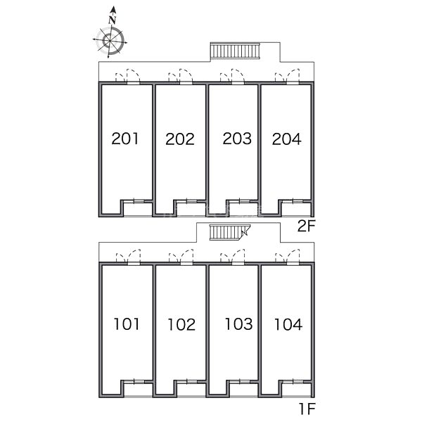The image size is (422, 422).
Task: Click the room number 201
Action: tap(125, 139)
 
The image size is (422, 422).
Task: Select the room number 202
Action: tap(180, 139)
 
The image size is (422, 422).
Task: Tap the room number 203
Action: tap(237, 139)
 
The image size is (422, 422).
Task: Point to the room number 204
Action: tap(287, 139)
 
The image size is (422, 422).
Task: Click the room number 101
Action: tap(127, 324)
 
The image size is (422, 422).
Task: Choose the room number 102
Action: tap(181, 324)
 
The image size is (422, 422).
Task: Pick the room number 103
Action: tap(238, 324)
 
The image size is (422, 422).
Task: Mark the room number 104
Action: tap(288, 324)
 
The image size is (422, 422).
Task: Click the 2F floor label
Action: tap(306, 226)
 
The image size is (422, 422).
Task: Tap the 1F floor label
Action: tap(307, 409)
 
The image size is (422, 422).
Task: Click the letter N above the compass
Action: tap(113, 20)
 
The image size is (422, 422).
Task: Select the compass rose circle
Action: tap(110, 41)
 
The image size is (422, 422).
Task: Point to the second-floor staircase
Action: tap(235, 51)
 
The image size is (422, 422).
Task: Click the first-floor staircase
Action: tap(230, 232)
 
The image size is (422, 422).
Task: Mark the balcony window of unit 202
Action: tap(191, 201)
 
